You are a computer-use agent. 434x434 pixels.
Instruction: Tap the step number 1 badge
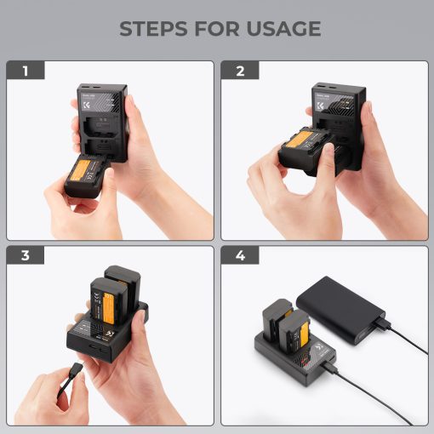[x=25, y=71]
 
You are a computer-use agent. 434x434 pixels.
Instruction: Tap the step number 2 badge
[x=240, y=71]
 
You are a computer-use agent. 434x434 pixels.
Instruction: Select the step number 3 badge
[x=25, y=255]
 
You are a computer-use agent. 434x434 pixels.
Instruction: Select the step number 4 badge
[x=240, y=255]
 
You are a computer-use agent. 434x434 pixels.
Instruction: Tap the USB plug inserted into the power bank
[x=380, y=326]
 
